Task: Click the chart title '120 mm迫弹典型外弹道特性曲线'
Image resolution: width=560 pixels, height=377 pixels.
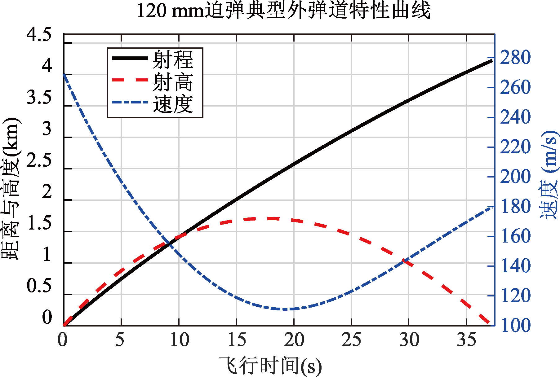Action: pyautogui.click(x=283, y=11)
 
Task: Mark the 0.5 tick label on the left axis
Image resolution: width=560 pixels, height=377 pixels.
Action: pyautogui.click(x=39, y=286)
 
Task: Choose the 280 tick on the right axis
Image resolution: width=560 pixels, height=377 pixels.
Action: pyautogui.click(x=515, y=58)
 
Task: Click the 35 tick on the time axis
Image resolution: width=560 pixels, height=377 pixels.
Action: pyautogui.click(x=466, y=340)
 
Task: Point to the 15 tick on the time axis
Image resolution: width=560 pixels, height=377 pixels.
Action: pyautogui.click(x=236, y=340)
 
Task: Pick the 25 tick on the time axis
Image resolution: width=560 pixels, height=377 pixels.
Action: pyautogui.click(x=351, y=340)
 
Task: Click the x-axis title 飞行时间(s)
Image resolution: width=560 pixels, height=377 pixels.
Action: pyautogui.click(x=270, y=366)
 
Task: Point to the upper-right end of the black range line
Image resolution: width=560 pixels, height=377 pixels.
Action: pyautogui.click(x=492, y=61)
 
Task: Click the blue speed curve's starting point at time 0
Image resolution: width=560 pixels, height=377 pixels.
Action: pyautogui.click(x=64, y=74)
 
